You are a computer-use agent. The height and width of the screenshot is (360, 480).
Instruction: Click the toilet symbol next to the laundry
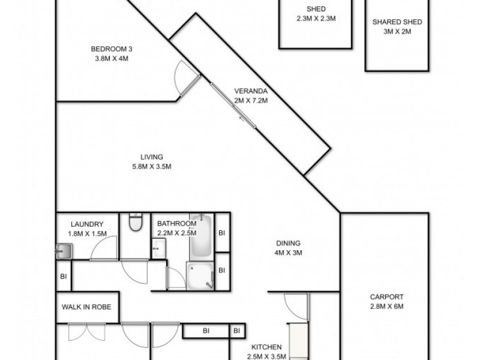[x=136, y=223]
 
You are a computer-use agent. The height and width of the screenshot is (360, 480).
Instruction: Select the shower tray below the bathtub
[x=200, y=275]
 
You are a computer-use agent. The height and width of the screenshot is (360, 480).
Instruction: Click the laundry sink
[x=64, y=251]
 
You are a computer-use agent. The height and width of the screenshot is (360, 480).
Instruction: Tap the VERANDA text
[x=250, y=91]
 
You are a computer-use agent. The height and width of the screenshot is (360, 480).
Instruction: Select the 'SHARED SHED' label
[x=397, y=22]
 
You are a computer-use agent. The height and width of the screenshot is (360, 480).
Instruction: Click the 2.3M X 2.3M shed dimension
[x=316, y=19]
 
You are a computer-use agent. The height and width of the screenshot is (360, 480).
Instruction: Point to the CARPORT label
[x=386, y=296]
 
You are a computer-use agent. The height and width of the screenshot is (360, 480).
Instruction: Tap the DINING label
[x=288, y=243]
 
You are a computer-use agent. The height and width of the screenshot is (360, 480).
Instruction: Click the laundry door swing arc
[x=103, y=247]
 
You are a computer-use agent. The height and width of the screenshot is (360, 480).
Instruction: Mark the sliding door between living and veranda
[x=233, y=106]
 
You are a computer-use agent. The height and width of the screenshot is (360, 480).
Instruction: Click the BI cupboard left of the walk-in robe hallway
[x=64, y=277]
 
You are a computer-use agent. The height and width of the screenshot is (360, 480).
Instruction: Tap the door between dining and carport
[x=295, y=307]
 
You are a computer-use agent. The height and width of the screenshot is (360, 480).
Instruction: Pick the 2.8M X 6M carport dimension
[x=386, y=306]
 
